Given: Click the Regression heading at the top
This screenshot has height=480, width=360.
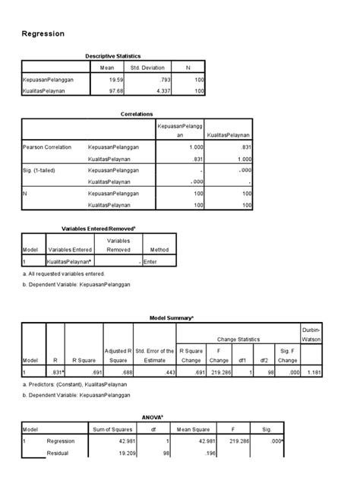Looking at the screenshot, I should click(43, 34).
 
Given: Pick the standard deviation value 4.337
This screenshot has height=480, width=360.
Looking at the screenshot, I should click(155, 92).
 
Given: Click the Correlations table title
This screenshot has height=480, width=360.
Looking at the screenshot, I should click(138, 113).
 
